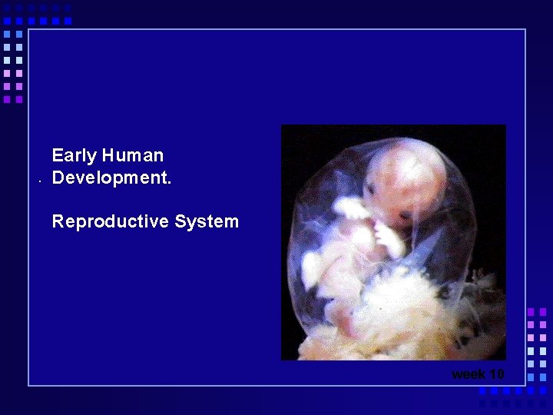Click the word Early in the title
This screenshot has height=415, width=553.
74,156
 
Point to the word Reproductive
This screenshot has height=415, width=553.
110,222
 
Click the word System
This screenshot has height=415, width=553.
207,222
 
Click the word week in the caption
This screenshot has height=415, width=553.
468,374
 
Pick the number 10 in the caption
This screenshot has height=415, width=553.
496,374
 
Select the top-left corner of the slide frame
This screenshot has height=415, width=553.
28,29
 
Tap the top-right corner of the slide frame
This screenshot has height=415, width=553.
525,29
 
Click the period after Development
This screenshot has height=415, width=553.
169,184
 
